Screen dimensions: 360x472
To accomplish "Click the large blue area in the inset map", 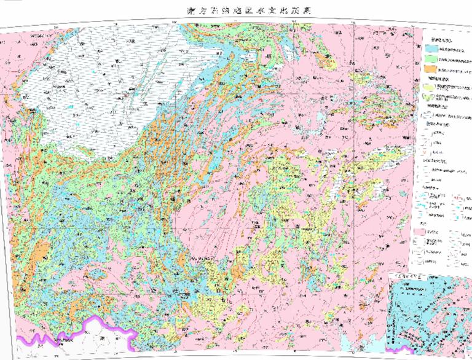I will (x=430, y=307).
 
